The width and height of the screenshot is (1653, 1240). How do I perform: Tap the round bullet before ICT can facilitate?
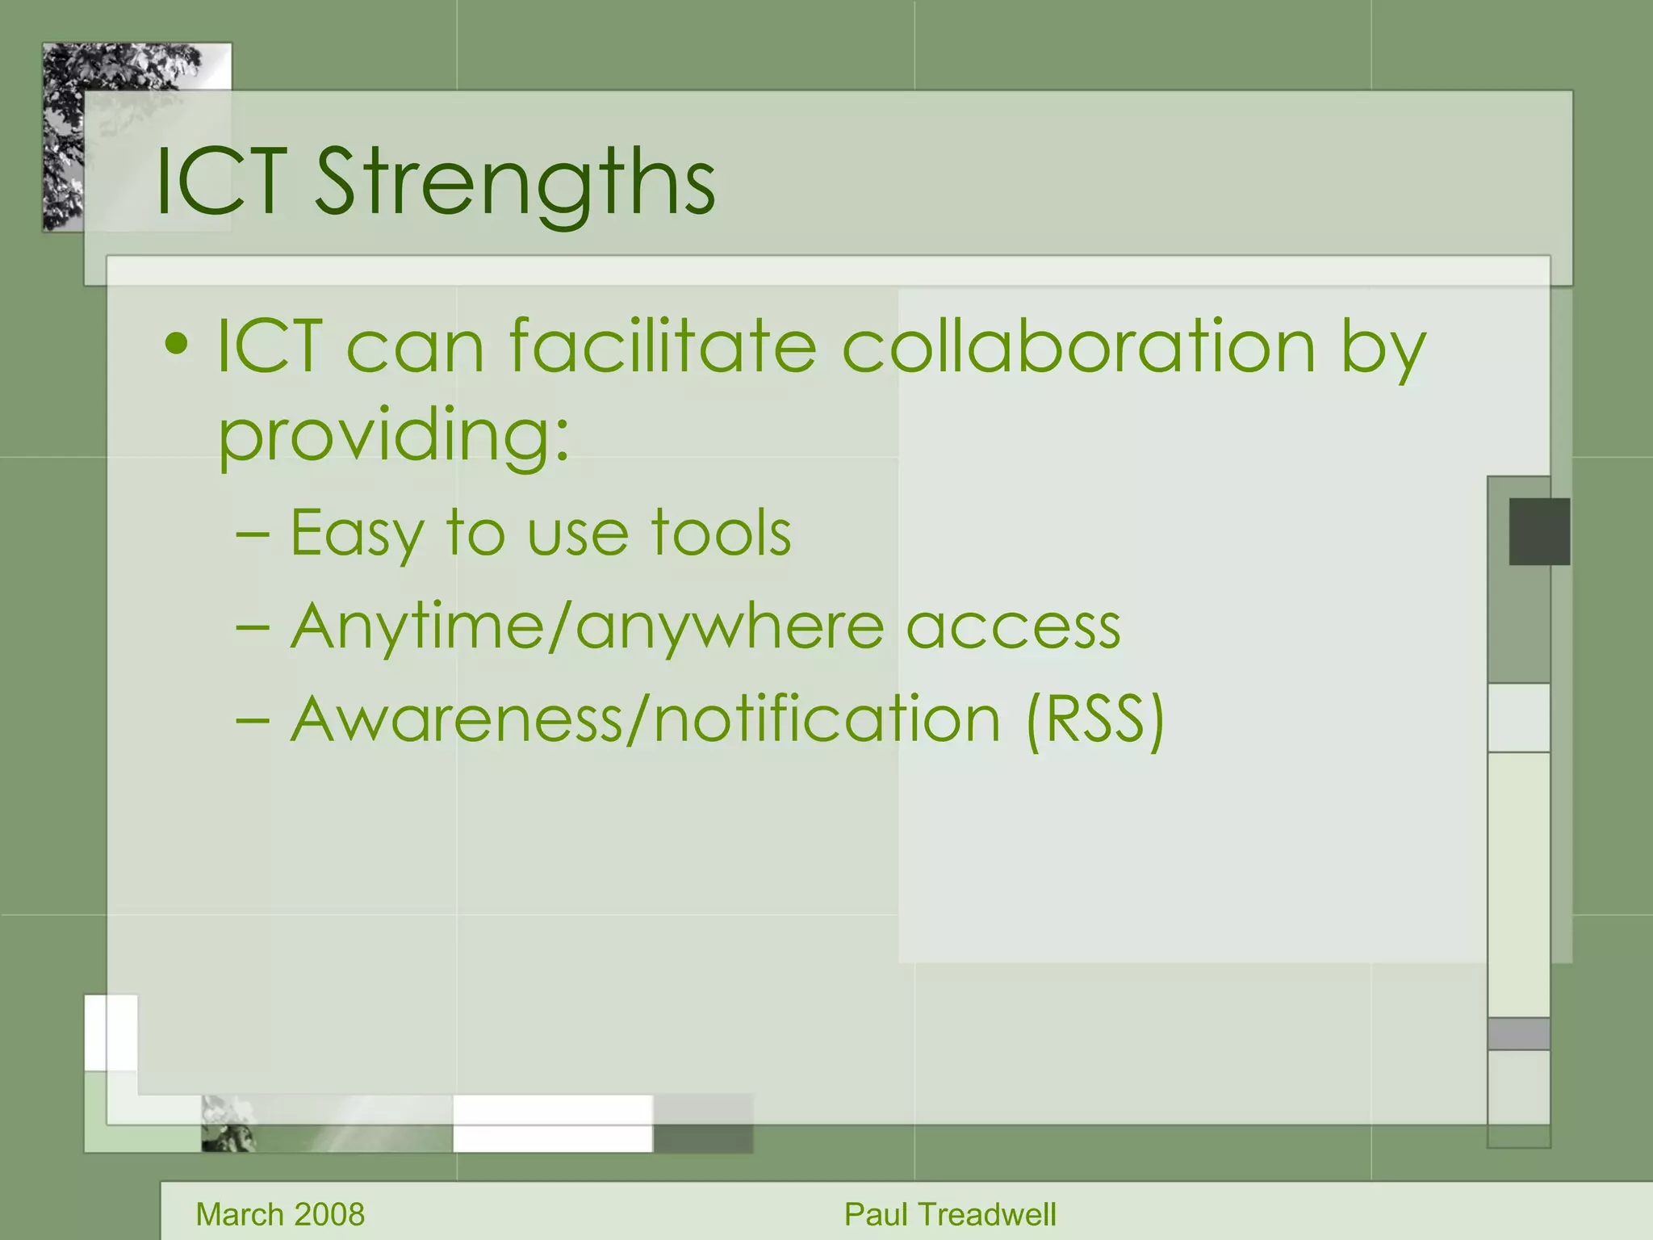click(176, 346)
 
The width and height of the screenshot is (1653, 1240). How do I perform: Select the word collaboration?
click(1078, 347)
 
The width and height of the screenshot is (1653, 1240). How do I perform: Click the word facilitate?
click(663, 347)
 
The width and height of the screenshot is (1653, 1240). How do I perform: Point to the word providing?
click(395, 436)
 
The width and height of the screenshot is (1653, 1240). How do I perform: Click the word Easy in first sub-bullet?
click(356, 534)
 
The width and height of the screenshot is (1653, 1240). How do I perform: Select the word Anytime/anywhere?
click(588, 627)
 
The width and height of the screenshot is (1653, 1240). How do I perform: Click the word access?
click(1013, 628)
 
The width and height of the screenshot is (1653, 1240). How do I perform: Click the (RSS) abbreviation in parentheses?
click(1095, 719)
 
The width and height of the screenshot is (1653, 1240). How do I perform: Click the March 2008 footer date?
click(280, 1214)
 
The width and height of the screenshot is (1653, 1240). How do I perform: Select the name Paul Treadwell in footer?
click(950, 1214)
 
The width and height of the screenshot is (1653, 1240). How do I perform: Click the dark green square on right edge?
click(1539, 531)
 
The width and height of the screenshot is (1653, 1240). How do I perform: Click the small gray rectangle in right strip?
click(1518, 1033)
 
